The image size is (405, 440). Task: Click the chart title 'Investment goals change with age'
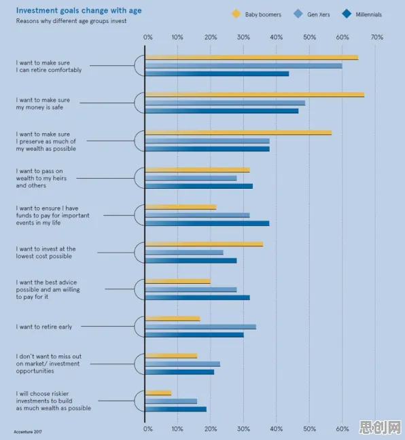coord(79,10)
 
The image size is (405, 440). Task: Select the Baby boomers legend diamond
coord(236,14)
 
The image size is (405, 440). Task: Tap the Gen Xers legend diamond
coord(298,14)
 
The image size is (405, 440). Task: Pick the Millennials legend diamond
coord(347,14)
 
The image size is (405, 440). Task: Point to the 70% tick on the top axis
coord(377,37)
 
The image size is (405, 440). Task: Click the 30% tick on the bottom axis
coord(243,428)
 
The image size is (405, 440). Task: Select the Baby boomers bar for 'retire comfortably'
coord(251,58)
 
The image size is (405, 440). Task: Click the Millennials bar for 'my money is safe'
coord(222,111)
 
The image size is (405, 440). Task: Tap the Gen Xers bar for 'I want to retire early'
coord(200,327)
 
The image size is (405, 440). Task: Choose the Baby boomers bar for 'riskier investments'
coord(158,393)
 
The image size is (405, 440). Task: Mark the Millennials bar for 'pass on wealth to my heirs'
coord(199,186)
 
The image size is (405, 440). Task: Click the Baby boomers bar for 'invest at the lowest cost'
coord(204,244)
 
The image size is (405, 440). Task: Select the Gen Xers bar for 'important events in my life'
coord(198,215)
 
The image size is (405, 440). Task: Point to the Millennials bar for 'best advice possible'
coord(198,297)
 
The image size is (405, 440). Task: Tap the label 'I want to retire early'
coord(44,327)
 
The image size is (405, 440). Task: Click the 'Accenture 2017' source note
coord(28,432)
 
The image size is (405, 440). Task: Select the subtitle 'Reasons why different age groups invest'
coord(71,21)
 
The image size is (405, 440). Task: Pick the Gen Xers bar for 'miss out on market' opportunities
coord(183,364)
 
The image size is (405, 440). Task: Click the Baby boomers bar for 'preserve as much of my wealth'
coord(239,132)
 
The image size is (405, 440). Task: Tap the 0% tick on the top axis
coord(147,37)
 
